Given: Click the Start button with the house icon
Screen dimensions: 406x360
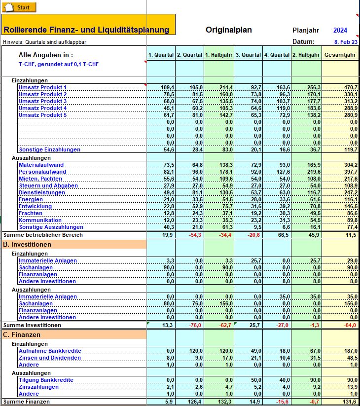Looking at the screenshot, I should coord(19,7).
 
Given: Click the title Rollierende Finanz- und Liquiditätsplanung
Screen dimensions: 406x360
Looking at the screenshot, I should coord(86,30).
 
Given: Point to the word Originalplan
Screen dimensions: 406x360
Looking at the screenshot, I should coord(229,30).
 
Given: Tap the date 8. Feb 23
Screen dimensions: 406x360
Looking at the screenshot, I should coord(346,42).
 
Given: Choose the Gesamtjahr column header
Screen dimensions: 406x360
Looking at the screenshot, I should coord(341,55).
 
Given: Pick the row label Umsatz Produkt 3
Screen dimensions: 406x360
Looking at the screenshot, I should coord(42,101).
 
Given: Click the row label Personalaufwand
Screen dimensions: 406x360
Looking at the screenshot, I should coord(42,172).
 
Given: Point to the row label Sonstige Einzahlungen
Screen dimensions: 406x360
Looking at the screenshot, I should coord(49,149).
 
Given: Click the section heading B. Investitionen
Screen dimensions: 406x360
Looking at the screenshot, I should coord(27,245).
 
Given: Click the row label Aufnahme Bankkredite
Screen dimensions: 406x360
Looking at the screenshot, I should coord(50,351).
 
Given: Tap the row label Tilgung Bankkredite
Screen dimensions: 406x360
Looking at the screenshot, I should coord(46,380).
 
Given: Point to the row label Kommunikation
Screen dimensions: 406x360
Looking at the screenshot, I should coord(40,220).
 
